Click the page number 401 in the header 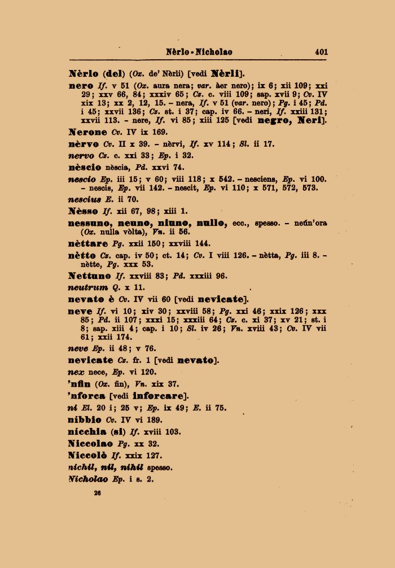pyautogui.click(x=322, y=52)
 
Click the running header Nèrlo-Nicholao pyautogui.click(x=199, y=52)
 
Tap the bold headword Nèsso pyautogui.click(x=82, y=211)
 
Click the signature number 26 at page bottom pyautogui.click(x=97, y=492)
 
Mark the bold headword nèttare pyautogui.click(x=88, y=243)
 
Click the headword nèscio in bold pyautogui.click(x=85, y=167)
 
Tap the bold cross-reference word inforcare pyautogui.click(x=157, y=395)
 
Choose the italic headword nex pyautogui.click(x=75, y=372)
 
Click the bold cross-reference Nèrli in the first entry pyautogui.click(x=226, y=73)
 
